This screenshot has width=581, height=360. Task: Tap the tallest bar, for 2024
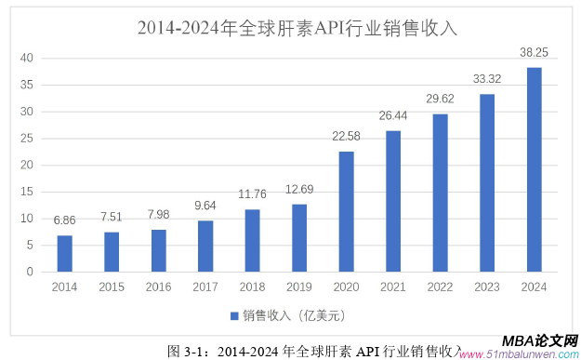[x=535, y=169]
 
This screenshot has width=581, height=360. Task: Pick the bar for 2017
[x=205, y=246]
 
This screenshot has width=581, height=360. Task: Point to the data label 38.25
[x=535, y=54]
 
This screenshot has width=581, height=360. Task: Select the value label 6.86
[x=64, y=221]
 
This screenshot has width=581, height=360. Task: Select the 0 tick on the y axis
[x=30, y=272]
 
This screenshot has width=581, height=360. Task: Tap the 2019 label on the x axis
[x=299, y=287]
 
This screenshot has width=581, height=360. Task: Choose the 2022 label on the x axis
[x=440, y=287]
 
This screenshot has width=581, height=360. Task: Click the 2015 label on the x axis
[x=112, y=287]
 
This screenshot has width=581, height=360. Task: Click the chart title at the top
[x=297, y=28]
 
